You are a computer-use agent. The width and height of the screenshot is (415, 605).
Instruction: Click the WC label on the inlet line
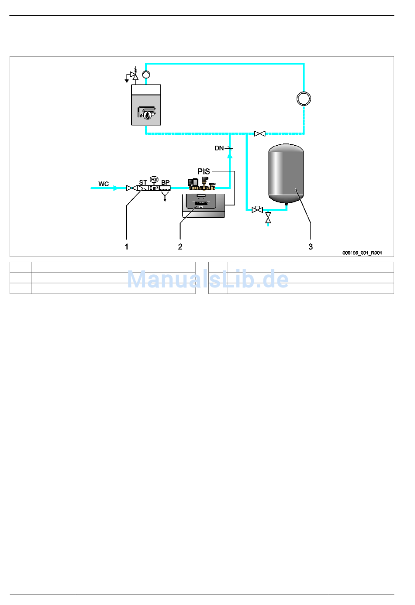[104, 184]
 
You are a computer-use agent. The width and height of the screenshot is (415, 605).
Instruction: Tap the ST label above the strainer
[143, 182]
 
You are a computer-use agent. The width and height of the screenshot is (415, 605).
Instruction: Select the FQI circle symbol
[154, 179]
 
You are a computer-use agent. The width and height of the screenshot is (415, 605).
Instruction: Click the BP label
[165, 182]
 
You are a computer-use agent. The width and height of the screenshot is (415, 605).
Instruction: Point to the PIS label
[204, 171]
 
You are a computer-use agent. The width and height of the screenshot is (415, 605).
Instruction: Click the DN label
[219, 148]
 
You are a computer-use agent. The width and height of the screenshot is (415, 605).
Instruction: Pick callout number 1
[127, 246]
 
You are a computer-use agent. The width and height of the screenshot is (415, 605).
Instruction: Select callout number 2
[180, 246]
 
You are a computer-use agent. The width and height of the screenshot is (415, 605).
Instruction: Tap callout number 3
[311, 246]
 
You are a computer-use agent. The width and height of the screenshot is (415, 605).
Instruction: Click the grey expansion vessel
[286, 173]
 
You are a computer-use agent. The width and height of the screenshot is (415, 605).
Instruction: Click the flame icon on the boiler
[149, 115]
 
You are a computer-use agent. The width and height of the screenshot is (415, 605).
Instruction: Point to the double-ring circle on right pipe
[304, 99]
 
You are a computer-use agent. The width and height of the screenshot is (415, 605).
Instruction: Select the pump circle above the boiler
[146, 74]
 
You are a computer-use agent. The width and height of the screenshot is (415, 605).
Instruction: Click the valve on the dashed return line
[259, 133]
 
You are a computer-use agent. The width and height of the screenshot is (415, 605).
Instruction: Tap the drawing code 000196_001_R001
[362, 253]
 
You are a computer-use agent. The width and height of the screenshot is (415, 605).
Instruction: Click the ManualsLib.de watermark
[208, 279]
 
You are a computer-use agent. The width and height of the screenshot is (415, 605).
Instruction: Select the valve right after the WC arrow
[130, 188]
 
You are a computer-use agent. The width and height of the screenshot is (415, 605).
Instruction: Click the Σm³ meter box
[154, 188]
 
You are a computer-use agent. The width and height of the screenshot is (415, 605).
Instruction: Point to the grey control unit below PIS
[204, 206]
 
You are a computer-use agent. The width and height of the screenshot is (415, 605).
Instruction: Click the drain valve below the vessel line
[268, 217]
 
